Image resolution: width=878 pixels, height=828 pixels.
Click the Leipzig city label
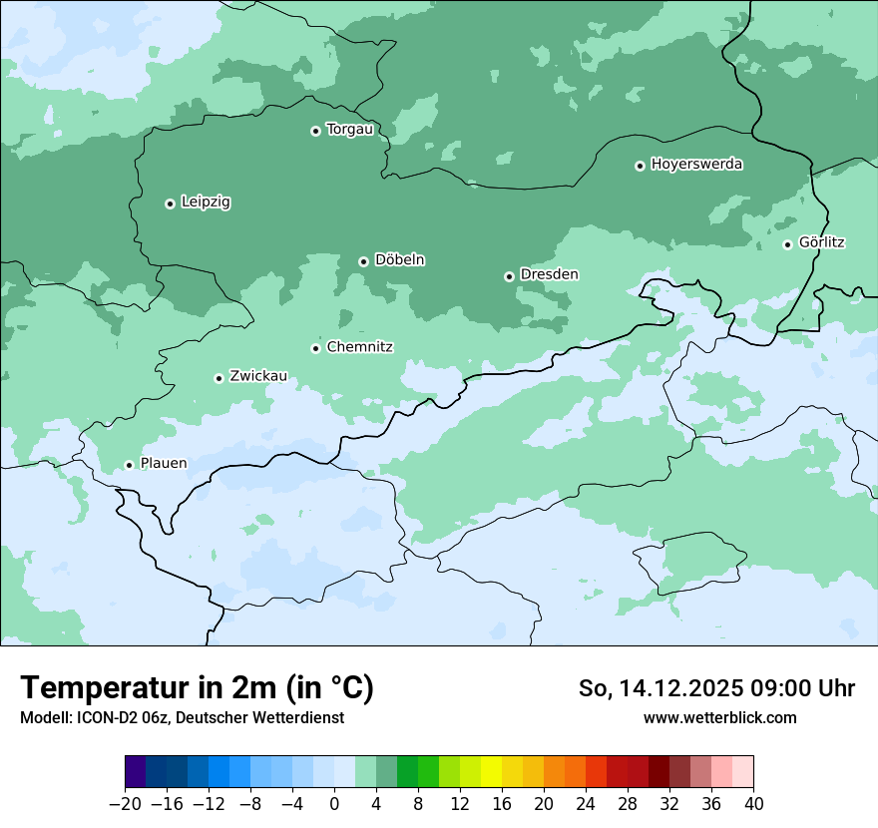tap(206, 203)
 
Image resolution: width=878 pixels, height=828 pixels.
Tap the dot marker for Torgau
tap(315, 131)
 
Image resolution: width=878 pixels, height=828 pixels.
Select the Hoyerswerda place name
tap(696, 165)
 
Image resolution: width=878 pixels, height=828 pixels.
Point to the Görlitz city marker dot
tap(787, 244)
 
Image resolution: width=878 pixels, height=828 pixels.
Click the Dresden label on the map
tap(549, 274)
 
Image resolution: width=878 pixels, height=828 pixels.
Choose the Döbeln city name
tap(399, 260)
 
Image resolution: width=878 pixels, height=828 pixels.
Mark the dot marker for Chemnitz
tap(315, 348)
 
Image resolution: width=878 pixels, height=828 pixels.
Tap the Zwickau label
tap(258, 376)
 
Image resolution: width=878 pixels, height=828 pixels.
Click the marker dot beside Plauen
tap(129, 465)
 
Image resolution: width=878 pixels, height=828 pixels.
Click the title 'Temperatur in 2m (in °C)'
tap(197, 688)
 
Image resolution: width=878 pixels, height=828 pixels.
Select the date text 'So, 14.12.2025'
tap(655, 689)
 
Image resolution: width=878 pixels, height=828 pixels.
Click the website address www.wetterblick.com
tap(719, 718)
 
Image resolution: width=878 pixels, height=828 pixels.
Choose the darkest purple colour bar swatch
tap(135, 772)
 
